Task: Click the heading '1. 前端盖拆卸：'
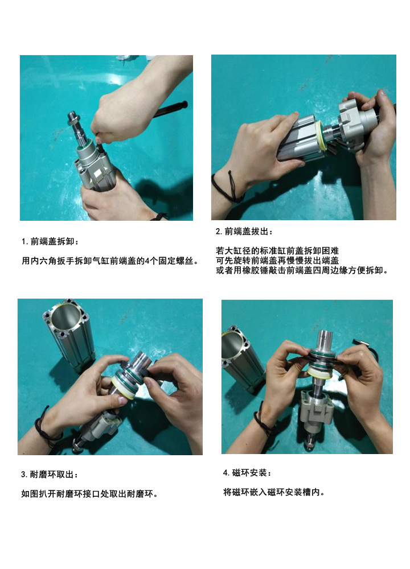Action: [50, 241]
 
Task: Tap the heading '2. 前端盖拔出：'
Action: [244, 232]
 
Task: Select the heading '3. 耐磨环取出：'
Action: [50, 475]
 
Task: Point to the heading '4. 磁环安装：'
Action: [247, 473]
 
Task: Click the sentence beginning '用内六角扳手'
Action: [110, 261]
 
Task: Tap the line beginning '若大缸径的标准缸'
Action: [277, 251]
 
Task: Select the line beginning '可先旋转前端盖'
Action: [277, 261]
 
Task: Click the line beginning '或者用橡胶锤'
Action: [302, 270]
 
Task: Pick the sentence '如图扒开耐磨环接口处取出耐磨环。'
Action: [90, 494]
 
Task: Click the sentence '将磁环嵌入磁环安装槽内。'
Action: [274, 492]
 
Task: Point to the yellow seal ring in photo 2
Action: [319, 137]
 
